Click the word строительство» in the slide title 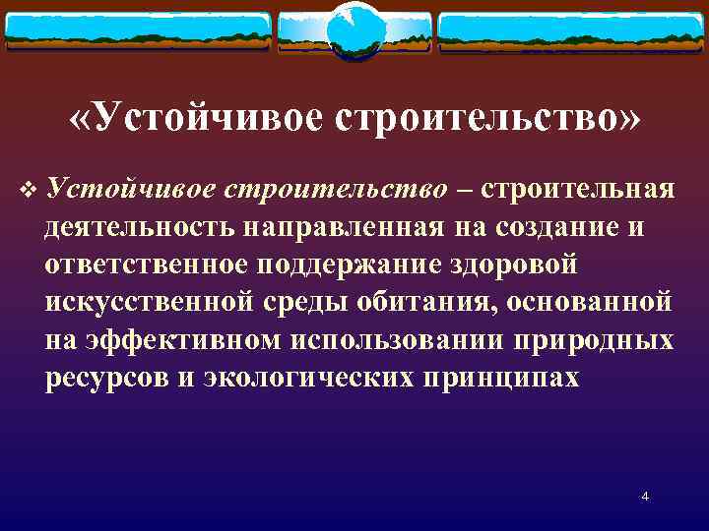488,119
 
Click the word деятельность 138,227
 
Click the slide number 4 645,496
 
